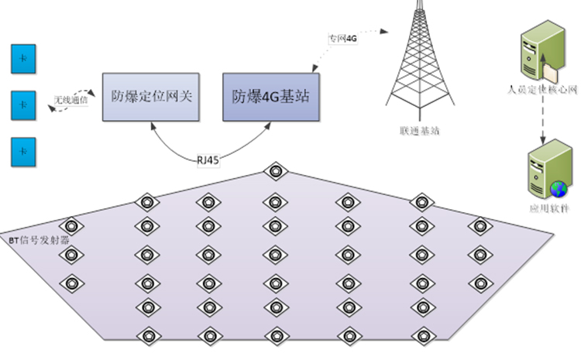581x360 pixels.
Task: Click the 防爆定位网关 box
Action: click(151, 97)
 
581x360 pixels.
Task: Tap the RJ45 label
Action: click(208, 159)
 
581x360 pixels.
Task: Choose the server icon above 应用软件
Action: click(543, 174)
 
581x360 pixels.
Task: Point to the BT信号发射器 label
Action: click(39, 240)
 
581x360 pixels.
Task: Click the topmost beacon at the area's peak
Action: click(273, 172)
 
